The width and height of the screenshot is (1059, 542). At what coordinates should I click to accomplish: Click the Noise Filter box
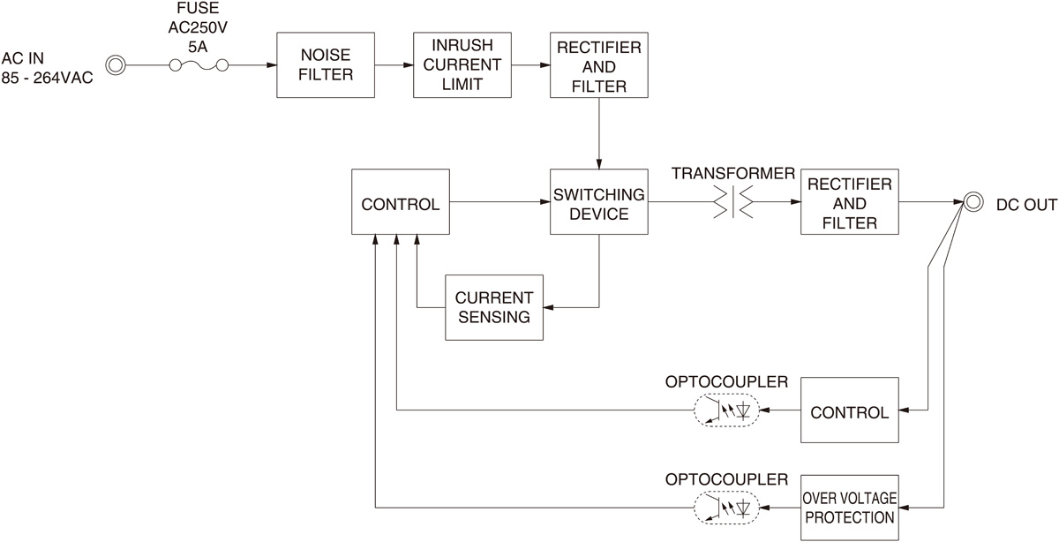(x=325, y=65)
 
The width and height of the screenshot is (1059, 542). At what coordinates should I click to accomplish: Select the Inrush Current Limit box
(x=462, y=65)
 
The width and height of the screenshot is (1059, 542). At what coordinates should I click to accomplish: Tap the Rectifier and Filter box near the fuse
(x=599, y=65)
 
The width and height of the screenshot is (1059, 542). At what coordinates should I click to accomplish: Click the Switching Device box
(x=599, y=202)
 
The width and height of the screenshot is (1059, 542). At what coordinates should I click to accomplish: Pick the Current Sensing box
(x=494, y=307)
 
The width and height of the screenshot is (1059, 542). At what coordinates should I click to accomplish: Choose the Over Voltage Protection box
(x=849, y=507)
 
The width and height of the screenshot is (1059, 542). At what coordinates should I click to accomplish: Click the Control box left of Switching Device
(x=400, y=202)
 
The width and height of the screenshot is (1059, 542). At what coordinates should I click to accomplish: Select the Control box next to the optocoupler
(x=849, y=410)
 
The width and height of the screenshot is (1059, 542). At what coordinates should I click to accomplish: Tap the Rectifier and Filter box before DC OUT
(x=849, y=202)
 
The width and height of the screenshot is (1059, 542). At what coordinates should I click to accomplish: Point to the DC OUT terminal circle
(x=973, y=202)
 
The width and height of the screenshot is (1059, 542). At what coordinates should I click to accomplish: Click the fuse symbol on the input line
(x=199, y=65)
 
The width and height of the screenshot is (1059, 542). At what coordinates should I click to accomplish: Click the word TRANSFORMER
(x=732, y=173)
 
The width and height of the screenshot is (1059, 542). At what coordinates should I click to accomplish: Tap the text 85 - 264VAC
(x=47, y=79)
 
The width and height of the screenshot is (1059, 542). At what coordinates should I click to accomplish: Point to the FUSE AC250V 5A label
(x=199, y=26)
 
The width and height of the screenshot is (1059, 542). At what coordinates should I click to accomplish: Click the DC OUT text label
(x=1026, y=204)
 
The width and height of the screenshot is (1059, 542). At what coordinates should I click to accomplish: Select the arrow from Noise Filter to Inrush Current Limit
(x=394, y=65)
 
